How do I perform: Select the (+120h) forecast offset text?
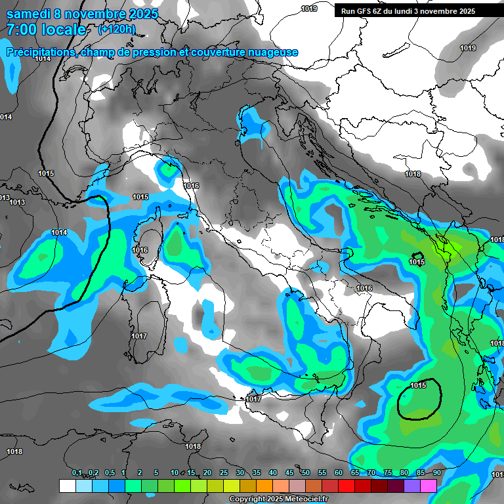[x=117, y=30]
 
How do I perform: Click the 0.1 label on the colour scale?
[x=77, y=473]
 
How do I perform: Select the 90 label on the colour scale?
[x=436, y=473]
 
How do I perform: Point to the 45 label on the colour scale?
[x=289, y=473]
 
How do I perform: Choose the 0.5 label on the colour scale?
[x=109, y=473]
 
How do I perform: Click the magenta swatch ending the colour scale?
[x=429, y=486]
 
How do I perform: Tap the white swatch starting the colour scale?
[x=67, y=486]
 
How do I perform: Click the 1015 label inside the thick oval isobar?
[x=417, y=385]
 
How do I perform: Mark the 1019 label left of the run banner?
[x=309, y=9]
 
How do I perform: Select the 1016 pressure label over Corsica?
[x=140, y=251]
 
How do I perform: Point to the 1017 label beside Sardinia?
[x=138, y=336]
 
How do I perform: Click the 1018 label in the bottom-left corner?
[x=14, y=451]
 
